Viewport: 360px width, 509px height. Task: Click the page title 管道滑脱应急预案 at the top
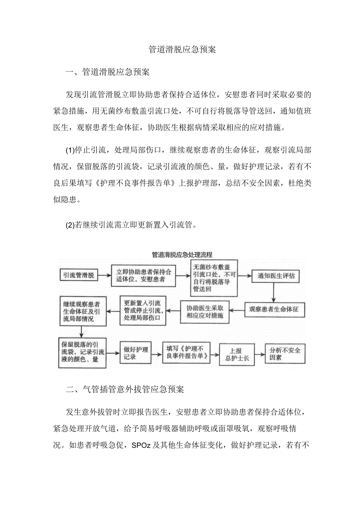click(182, 50)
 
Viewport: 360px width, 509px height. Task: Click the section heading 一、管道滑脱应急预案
click(108, 72)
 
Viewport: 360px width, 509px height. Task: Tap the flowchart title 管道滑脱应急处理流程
click(182, 255)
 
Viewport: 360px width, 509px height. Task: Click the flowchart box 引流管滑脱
click(79, 275)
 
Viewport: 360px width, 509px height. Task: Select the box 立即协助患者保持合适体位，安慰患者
click(144, 276)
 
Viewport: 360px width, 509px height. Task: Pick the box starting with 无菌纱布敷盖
click(214, 278)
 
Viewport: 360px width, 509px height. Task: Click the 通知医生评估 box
click(276, 276)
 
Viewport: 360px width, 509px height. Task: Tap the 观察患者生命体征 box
click(274, 309)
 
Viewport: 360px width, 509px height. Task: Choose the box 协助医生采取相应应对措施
click(205, 311)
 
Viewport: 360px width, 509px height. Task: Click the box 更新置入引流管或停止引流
click(142, 310)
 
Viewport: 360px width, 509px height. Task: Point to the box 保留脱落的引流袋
click(82, 352)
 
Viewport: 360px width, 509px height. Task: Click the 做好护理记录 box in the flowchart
click(135, 353)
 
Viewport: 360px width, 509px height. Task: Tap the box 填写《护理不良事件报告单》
click(185, 352)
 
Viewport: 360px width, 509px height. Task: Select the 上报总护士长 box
click(237, 354)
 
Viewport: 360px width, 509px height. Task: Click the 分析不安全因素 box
click(285, 353)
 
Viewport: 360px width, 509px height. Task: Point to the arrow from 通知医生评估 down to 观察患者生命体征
click(274, 292)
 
